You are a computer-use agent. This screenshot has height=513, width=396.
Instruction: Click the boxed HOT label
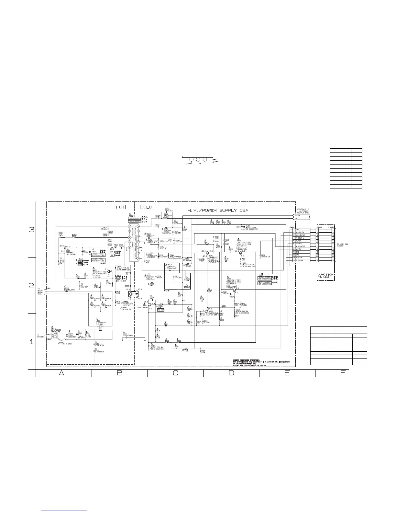click(x=120, y=207)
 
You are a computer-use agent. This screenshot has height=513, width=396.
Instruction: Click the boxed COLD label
click(x=146, y=207)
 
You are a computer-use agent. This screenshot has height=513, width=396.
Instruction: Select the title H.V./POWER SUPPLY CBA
click(x=218, y=211)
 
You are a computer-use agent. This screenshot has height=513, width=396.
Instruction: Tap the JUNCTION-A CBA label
click(x=325, y=276)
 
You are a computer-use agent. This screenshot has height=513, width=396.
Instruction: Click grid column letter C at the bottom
click(x=175, y=373)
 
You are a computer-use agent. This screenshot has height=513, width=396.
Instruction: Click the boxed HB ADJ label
click(x=161, y=310)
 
